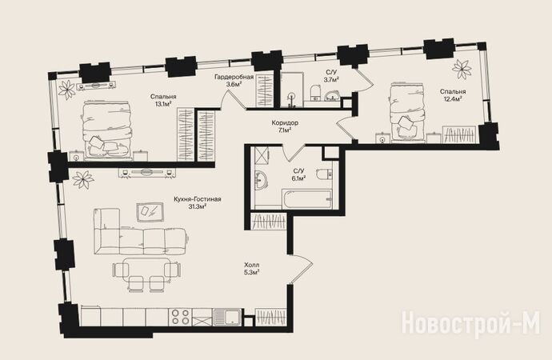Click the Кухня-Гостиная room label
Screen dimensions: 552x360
pos(197,199)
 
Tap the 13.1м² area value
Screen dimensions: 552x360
pos(163,103)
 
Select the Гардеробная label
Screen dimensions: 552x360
pos(234,77)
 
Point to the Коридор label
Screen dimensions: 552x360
pos(285,123)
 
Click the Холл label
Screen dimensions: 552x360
pos(252,265)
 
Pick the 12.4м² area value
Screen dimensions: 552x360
pos(452,99)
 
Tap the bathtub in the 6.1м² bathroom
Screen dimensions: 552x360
pos(306,199)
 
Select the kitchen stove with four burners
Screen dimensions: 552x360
pos(180,317)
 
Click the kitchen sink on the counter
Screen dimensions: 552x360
pos(228,317)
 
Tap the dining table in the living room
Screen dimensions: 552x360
pos(147,269)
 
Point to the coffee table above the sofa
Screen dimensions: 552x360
pos(150,212)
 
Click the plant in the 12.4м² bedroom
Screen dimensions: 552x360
pos(462,69)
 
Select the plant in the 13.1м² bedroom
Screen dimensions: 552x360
pos(66,90)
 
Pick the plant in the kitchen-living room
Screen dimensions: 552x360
pos(83,180)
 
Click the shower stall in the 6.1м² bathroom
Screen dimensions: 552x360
pos(261,155)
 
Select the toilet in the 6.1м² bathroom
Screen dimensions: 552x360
pos(324,174)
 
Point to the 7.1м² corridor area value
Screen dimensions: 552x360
pos(285,130)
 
